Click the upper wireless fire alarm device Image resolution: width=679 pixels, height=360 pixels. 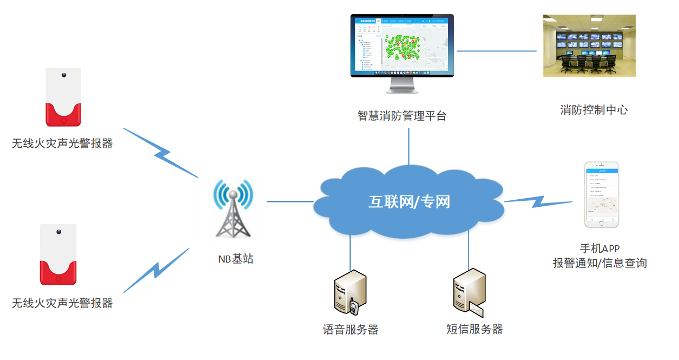tap(63, 97)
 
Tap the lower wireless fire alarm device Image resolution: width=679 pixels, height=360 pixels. tap(58, 254)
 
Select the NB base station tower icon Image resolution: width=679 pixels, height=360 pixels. tap(233, 208)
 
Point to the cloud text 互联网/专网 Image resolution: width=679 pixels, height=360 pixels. tap(409, 202)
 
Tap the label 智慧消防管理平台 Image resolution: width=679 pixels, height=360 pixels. tap(402, 116)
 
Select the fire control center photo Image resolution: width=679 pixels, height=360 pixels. tap(589, 45)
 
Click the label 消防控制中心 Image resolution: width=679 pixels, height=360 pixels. tap(594, 110)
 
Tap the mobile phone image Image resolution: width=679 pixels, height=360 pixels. tap(601, 194)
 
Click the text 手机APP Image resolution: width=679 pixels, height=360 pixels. tap(599, 249)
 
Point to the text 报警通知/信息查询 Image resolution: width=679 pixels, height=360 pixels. tap(599, 263)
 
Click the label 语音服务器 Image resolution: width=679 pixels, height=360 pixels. tap(350, 330)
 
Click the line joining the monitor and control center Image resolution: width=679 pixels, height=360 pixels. tap(497, 51)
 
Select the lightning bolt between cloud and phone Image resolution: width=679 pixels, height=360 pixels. tap(538, 201)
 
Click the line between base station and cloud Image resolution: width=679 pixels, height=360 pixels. tap(290, 202)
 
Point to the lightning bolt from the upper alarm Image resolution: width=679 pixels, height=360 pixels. tap(161, 153)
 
